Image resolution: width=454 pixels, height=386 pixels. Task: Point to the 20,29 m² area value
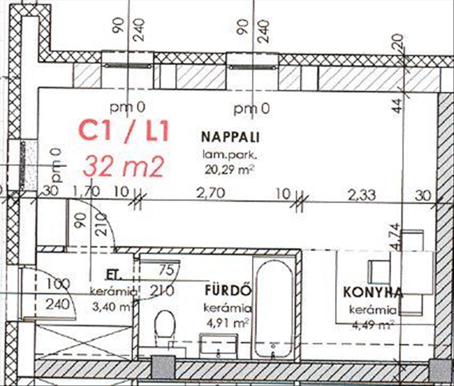(x=229, y=169)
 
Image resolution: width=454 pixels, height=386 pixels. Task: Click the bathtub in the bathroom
(x=274, y=307)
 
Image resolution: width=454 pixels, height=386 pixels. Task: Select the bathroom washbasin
(x=218, y=345)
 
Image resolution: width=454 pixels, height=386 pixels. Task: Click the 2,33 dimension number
(x=362, y=195)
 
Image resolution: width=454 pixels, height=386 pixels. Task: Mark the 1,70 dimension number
(x=87, y=191)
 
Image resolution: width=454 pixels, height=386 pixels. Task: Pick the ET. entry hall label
(x=114, y=275)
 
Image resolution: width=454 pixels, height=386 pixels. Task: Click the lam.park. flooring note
(x=230, y=156)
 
